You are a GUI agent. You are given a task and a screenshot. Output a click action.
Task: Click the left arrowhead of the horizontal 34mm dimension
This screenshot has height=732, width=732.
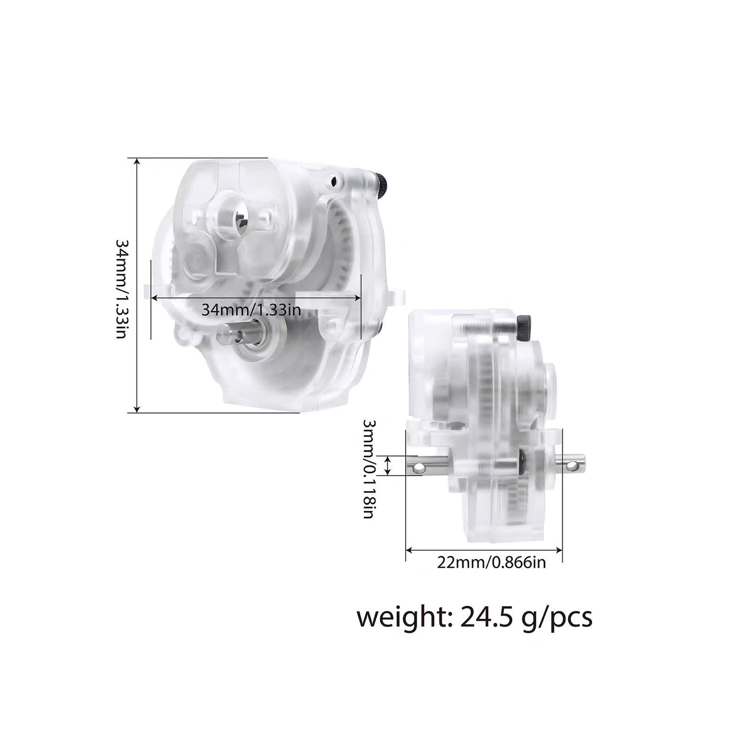coord(155,298)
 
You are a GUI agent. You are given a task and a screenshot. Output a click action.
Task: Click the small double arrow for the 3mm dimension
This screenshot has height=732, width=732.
coord(388,465)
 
